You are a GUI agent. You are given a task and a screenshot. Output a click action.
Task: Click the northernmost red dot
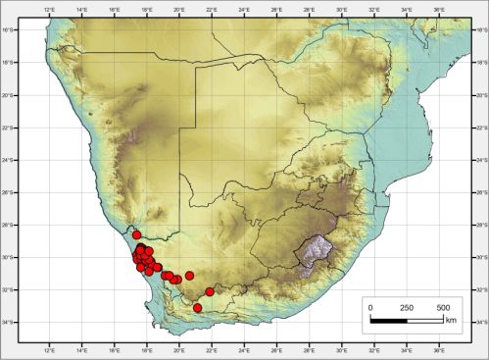click(x=137, y=235)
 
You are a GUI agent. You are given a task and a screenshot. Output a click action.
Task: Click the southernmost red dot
click(x=198, y=308)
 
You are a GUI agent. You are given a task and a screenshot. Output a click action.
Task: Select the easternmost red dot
click(x=210, y=292)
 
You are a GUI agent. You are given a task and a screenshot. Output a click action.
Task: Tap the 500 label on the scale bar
click(x=442, y=307)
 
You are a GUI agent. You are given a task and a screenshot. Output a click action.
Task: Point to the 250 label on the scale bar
click(x=406, y=307)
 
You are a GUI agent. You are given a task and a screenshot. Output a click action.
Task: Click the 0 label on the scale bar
click(x=370, y=307)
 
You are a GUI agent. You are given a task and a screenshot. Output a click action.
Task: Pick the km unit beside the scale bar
click(x=452, y=320)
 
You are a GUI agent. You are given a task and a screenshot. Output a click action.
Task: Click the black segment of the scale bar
click(x=388, y=320)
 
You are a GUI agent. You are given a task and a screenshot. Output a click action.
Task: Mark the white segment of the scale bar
click(x=424, y=320)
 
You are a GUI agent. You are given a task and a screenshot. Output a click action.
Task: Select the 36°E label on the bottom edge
click(x=440, y=347)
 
